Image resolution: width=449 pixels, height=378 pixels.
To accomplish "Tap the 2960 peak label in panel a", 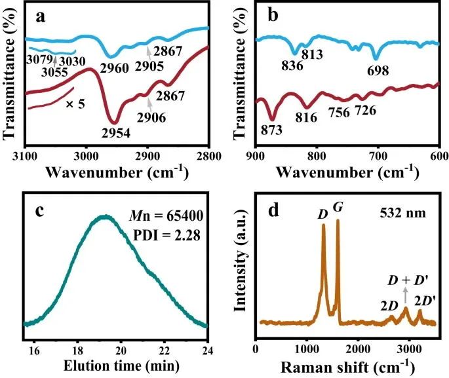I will click(114, 66).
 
